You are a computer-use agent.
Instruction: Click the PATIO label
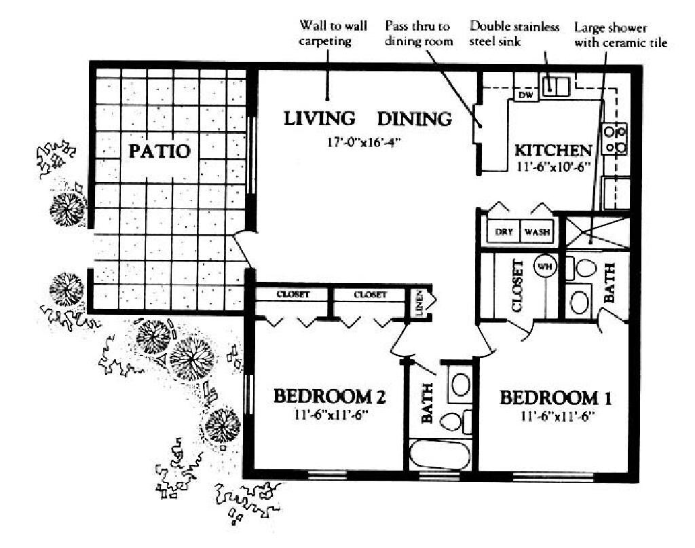pyautogui.click(x=159, y=150)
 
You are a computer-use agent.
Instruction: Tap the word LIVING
pyautogui.click(x=319, y=118)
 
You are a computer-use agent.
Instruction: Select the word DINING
pyautogui.click(x=414, y=119)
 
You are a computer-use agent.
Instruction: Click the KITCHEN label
pyautogui.click(x=553, y=150)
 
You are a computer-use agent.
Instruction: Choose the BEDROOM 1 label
pyautogui.click(x=550, y=397)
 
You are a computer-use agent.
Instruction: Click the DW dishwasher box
pyautogui.click(x=525, y=95)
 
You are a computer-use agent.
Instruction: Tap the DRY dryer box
pyautogui.click(x=503, y=232)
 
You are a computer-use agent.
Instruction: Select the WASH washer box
pyautogui.click(x=536, y=232)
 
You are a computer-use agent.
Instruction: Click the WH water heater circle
pyautogui.click(x=544, y=266)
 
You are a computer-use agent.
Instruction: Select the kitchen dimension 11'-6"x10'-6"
pyautogui.click(x=553, y=166)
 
